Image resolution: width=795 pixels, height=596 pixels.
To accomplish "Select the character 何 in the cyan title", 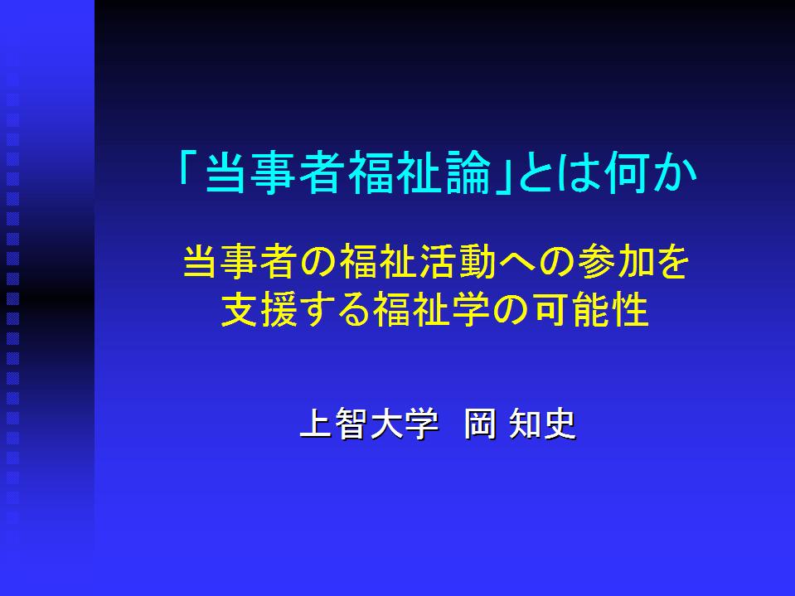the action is pyautogui.click(x=628, y=172).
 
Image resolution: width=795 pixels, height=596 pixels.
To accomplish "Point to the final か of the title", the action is pyautogui.click(x=674, y=172).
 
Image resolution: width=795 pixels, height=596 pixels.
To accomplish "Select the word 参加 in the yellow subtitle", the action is pyautogui.click(x=616, y=261).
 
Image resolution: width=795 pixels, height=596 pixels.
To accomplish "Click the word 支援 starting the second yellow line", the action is pyautogui.click(x=259, y=309).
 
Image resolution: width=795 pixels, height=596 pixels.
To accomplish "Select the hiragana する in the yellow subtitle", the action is pyautogui.click(x=335, y=309).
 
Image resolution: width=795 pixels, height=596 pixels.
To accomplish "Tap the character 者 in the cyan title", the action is pyautogui.click(x=322, y=172).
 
